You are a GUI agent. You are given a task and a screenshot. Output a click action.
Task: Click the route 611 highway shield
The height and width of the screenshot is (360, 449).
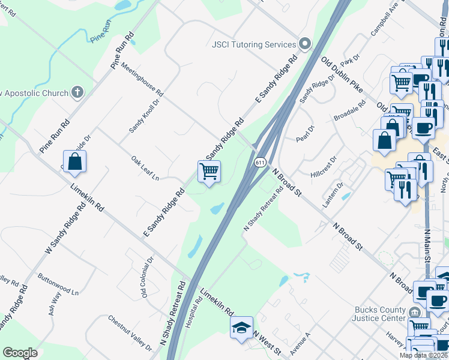coord(259,162)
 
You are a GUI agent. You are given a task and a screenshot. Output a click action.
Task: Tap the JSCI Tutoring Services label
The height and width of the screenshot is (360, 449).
coord(255,44)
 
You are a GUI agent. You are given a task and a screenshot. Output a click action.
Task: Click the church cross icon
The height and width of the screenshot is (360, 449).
coord(76,92)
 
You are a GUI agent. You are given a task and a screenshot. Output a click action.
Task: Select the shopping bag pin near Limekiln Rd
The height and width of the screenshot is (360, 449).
coord(74,161)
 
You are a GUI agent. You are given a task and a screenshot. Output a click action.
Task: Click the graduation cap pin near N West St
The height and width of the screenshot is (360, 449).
coord(241,327)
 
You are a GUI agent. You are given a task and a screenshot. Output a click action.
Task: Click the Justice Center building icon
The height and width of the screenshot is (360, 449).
coord(415,313)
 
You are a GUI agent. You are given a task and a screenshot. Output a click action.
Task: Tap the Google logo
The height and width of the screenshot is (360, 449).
coord(20,353)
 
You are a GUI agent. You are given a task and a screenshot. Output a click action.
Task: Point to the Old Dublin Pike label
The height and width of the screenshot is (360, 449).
coord(342,75)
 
